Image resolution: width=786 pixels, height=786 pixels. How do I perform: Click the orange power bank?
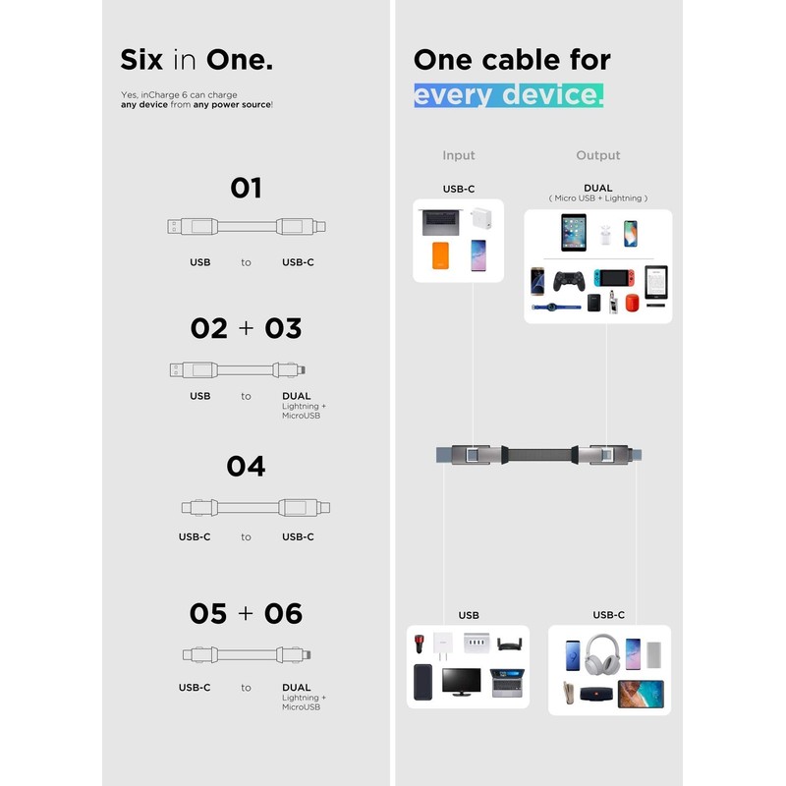coord(439,256)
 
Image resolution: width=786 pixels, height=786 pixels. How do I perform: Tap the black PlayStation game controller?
coord(568,281)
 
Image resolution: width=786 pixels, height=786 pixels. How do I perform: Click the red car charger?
coord(420,646)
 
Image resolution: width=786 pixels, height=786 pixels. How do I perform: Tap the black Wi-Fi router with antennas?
coord(509,645)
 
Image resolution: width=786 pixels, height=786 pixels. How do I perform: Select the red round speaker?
coord(632,303)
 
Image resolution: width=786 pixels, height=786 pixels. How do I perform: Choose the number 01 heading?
coord(246,188)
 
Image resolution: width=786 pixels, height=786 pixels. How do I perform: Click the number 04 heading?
coord(246,466)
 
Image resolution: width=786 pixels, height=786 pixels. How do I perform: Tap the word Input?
coord(458,155)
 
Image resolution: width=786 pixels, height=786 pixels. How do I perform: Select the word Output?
coord(597,155)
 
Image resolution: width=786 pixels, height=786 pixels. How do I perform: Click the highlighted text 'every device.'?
coord(508,94)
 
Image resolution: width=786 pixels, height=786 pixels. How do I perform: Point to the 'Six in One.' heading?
coord(196,59)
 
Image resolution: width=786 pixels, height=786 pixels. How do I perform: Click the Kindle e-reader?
coord(655,281)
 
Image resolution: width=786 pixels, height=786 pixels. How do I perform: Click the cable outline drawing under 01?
coord(246,227)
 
